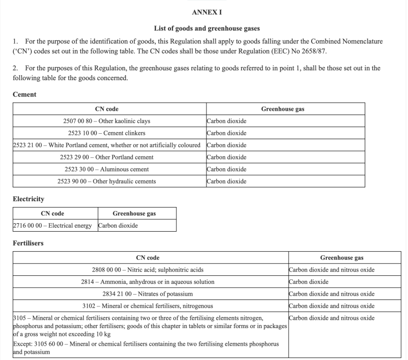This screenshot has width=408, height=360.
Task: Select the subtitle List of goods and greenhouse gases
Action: [x=204, y=29]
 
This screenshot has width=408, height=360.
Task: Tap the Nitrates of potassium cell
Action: [x=147, y=294]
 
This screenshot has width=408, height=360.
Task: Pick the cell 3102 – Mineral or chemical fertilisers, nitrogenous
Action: [x=147, y=306]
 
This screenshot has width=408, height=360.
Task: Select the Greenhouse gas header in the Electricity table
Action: [x=137, y=213]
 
